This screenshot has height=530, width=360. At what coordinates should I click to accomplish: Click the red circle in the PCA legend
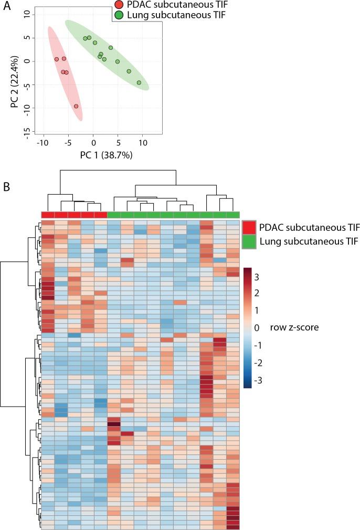point(119,5)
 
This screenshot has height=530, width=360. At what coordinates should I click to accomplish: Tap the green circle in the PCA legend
point(119,14)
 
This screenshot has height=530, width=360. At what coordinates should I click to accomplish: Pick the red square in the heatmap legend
point(250,227)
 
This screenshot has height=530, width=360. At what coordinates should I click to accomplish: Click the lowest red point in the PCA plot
point(76,106)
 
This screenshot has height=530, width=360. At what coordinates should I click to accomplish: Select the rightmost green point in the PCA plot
point(139,83)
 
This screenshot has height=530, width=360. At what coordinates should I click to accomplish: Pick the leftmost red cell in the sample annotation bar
point(48,215)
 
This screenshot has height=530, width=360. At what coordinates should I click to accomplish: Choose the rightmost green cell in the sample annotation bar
point(233,215)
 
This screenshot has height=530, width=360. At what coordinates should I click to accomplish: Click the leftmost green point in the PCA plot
point(85,38)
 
